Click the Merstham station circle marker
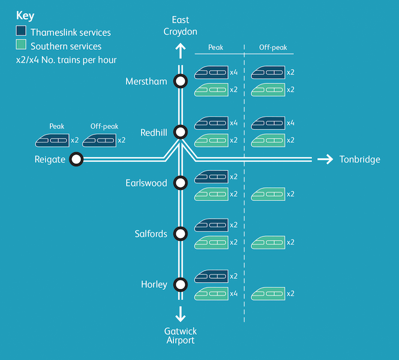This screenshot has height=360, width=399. [x=180, y=81]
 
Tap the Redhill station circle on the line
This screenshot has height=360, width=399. [x=180, y=132]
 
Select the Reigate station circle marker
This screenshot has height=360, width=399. [x=76, y=159]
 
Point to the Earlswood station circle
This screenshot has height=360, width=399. [x=180, y=182]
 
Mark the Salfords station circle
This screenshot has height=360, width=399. [x=180, y=233]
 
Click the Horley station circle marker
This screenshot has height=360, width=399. [x=180, y=284]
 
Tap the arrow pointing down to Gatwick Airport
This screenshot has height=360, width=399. [x=180, y=313]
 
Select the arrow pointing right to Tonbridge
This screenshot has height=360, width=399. [x=325, y=159]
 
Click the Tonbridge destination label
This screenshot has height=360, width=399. [x=359, y=159]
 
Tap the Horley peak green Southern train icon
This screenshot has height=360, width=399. [x=211, y=293]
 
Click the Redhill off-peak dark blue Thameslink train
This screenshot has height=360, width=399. [x=268, y=123]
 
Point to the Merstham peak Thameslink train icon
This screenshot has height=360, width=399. [x=211, y=72]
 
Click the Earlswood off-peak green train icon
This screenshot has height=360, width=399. [x=268, y=194]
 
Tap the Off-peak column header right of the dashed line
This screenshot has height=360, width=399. [x=272, y=47]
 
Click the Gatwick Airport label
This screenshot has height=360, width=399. [x=180, y=336]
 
